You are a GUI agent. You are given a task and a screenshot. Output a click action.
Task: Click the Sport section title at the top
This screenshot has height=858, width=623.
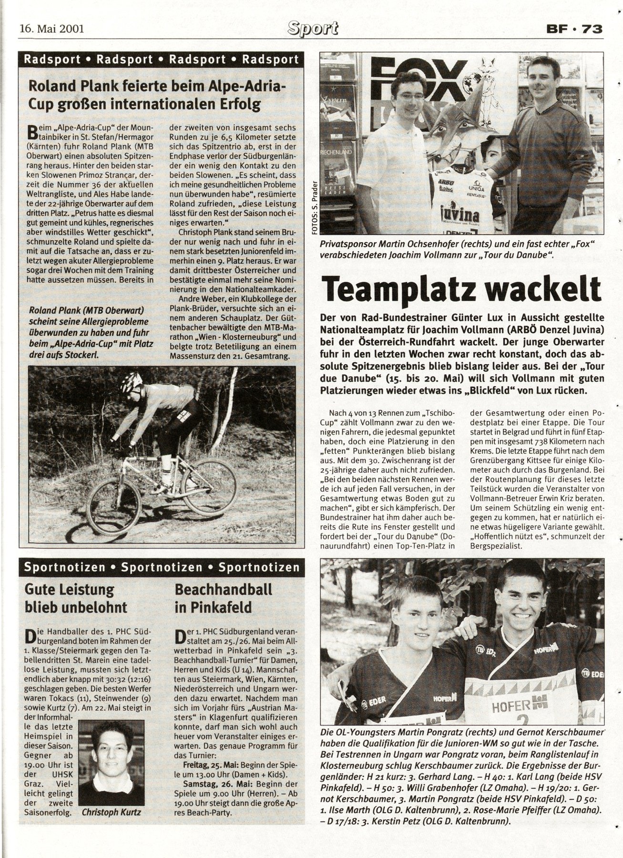[x=314, y=29]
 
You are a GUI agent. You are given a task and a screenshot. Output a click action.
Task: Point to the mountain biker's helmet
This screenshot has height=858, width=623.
[x=132, y=381]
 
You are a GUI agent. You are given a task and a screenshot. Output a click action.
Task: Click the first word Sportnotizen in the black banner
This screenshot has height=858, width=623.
[x=64, y=567]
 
